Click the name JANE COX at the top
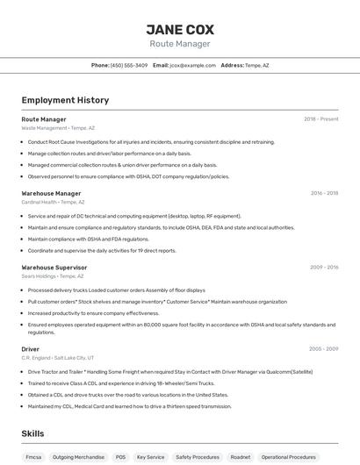point(179,29)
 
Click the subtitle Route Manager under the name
point(179,44)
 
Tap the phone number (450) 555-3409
point(129,65)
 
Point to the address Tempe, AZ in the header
point(256,65)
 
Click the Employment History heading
point(65,100)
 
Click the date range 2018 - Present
point(320,118)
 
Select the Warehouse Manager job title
point(51,193)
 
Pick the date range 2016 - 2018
point(324,193)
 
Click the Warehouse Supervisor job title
point(54,267)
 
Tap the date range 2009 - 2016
point(324,267)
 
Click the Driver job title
point(31,349)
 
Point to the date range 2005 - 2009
point(323,349)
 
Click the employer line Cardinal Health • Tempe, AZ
point(54,202)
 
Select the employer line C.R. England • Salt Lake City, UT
point(57,358)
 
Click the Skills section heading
point(33,433)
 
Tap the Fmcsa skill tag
point(33,457)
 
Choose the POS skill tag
point(119,457)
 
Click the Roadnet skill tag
point(240,457)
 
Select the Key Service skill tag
point(150,457)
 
